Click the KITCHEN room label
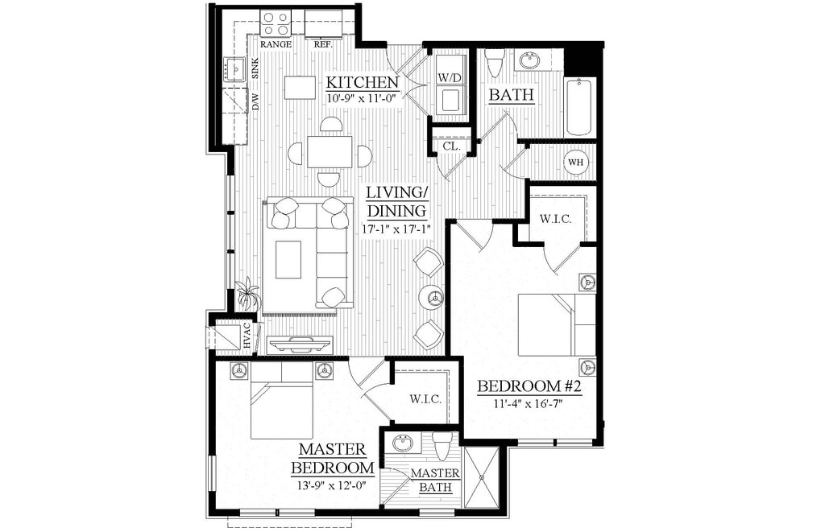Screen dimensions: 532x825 tap(362, 82)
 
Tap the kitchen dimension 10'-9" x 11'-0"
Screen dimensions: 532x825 tap(362, 97)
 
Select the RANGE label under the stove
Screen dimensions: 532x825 tap(276, 44)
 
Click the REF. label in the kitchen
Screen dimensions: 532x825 tap(323, 44)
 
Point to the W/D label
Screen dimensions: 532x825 tap(450, 78)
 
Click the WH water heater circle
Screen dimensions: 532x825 tap(575, 162)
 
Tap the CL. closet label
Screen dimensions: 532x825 tap(451, 147)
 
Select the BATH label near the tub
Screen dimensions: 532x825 tap(512, 95)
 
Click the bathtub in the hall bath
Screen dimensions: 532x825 tap(579, 106)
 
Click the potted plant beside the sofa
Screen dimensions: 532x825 tap(247, 295)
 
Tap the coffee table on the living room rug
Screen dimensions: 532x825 tap(288, 259)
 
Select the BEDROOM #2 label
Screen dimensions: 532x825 tap(529, 386)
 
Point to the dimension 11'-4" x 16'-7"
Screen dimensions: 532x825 tap(529, 403)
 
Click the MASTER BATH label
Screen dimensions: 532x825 tap(435, 480)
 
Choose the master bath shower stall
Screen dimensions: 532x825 tap(482, 477)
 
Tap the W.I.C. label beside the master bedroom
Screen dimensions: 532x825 tap(425, 399)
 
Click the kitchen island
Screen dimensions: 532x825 tap(300, 87)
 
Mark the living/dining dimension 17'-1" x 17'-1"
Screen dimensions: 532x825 tap(396, 229)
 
